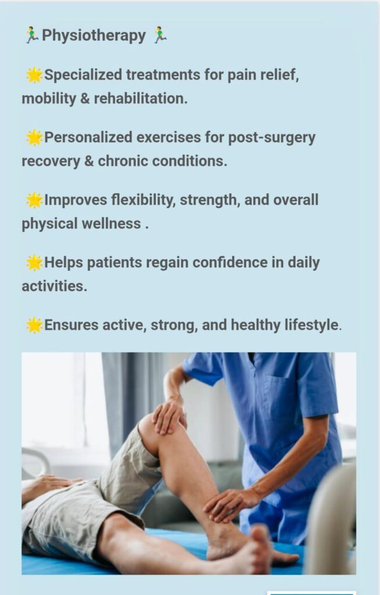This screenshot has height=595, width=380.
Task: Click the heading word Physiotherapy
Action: pyautogui.click(x=94, y=35)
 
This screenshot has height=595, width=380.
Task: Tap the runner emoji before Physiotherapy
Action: pyautogui.click(x=33, y=35)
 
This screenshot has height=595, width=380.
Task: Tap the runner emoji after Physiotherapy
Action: pyautogui.click(x=160, y=35)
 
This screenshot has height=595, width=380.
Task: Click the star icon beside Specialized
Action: pyautogui.click(x=34, y=75)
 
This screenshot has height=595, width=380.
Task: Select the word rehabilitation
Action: pyautogui.click(x=141, y=99)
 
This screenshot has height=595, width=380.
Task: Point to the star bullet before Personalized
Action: pyautogui.click(x=34, y=137)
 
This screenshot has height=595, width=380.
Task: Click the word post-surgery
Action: pyautogui.click(x=271, y=138)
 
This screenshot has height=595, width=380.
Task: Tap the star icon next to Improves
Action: pyautogui.click(x=34, y=200)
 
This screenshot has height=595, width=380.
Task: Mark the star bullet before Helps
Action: pyautogui.click(x=34, y=263)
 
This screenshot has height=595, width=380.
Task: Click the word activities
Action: pyautogui.click(x=54, y=286)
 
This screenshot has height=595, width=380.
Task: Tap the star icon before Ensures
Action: pyautogui.click(x=34, y=325)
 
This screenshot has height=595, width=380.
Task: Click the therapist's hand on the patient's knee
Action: pyautogui.click(x=169, y=416)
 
